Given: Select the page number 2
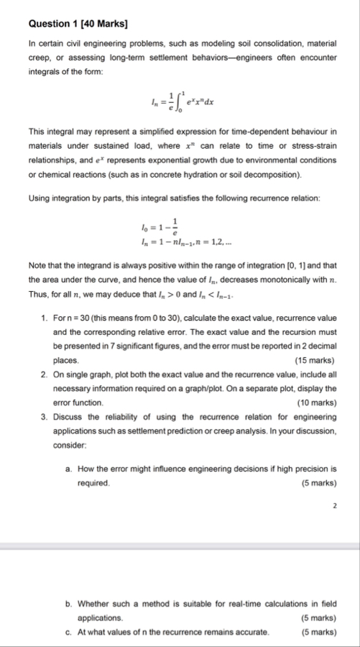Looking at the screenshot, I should click(x=334, y=506).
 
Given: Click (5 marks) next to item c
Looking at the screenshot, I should click(x=317, y=632).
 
